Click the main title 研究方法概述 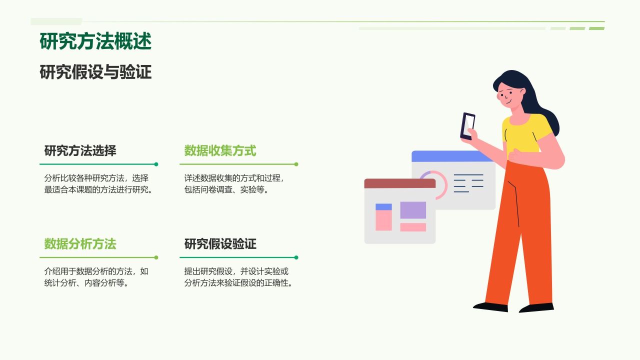[x=95, y=41]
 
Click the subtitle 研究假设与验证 [x=95, y=72]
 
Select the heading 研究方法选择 [x=80, y=150]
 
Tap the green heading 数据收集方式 [x=220, y=150]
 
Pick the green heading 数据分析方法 [x=80, y=244]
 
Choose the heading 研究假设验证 [x=220, y=244]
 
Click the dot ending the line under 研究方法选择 [x=156, y=164]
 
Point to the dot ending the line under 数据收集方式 [x=296, y=164]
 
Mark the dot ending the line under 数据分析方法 [x=156, y=257]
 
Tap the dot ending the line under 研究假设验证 [x=296, y=257]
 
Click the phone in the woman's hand [x=467, y=125]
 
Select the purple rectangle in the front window [x=413, y=210]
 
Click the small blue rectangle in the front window [x=383, y=206]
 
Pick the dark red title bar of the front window [x=399, y=183]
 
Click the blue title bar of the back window [x=452, y=156]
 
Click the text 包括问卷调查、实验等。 [x=226, y=190]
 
